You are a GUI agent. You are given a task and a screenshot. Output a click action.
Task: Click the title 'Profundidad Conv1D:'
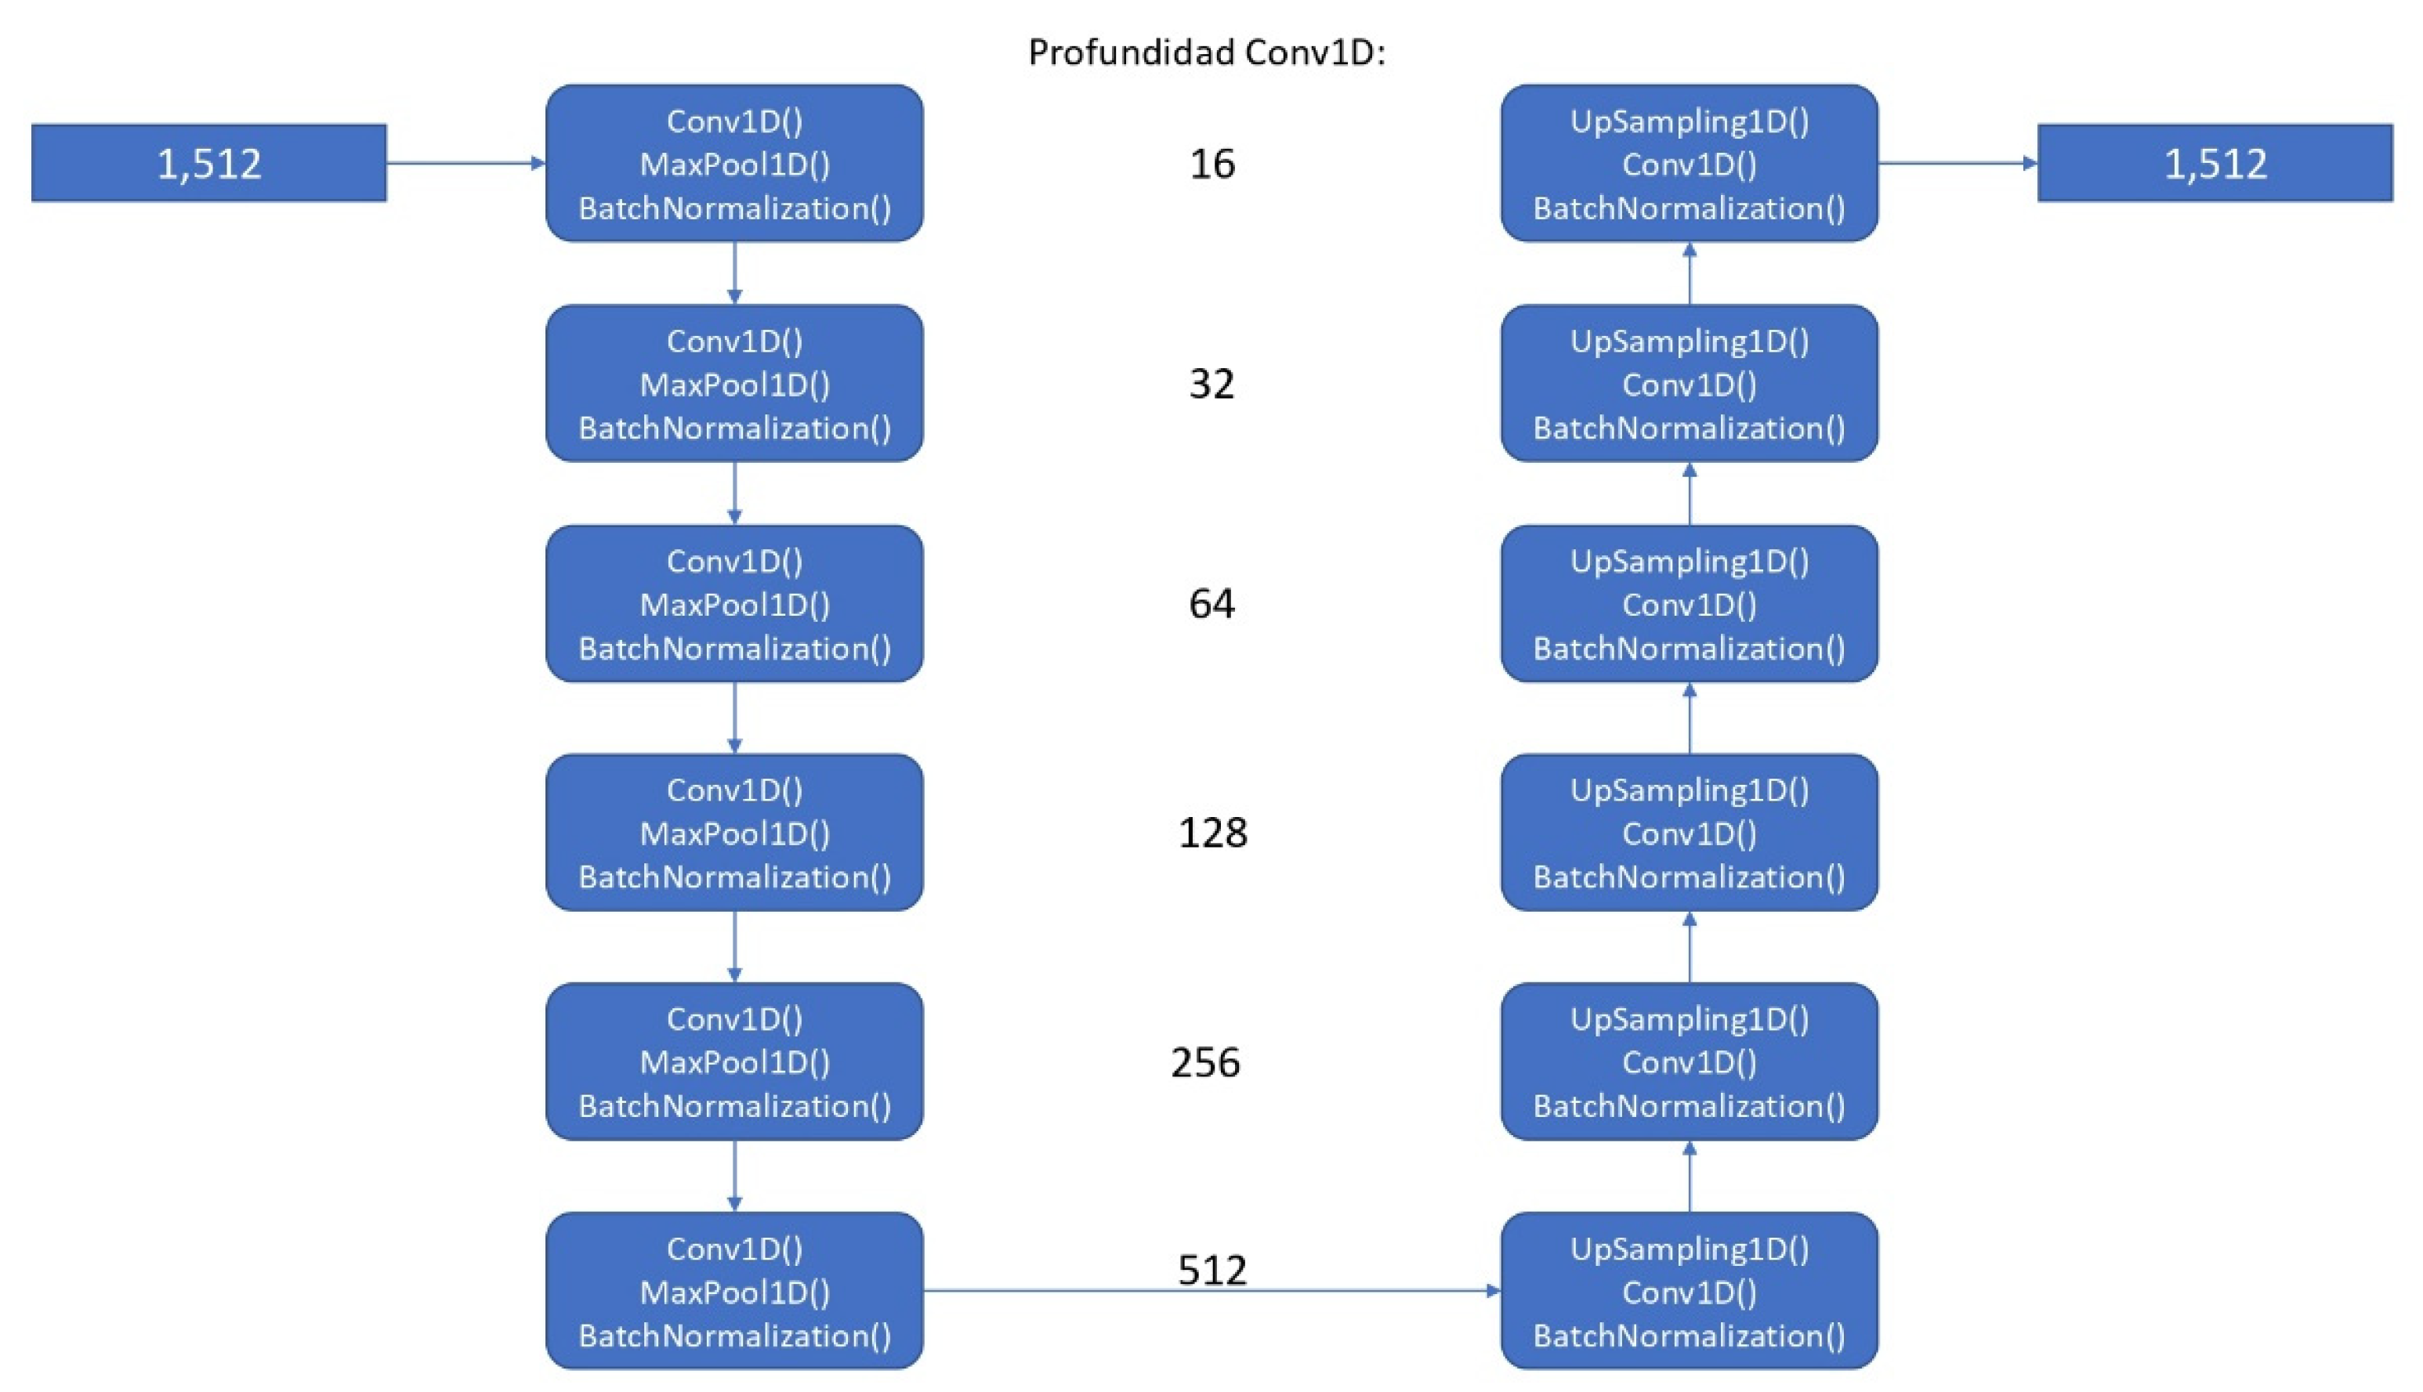click(x=1207, y=52)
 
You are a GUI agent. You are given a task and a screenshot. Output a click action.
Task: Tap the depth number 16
click(x=1211, y=165)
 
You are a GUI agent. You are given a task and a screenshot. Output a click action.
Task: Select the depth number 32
click(x=1211, y=385)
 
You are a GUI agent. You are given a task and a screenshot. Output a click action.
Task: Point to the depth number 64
click(x=1211, y=604)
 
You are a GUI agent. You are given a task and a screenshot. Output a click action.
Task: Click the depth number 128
click(x=1211, y=833)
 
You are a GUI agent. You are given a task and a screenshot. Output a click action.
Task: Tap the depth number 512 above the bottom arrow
click(x=1211, y=1271)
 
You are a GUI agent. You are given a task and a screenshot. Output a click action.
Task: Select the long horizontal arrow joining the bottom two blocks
click(x=1211, y=1292)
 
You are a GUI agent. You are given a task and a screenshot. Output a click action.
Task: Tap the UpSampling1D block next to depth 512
click(x=1689, y=1291)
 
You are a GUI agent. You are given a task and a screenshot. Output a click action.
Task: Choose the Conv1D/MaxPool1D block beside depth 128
click(x=734, y=833)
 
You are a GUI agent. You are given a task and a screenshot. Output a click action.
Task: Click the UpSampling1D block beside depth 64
click(x=1689, y=603)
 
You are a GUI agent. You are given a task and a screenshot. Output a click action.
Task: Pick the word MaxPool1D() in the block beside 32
click(x=734, y=385)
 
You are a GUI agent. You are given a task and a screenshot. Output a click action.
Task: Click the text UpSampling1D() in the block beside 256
click(x=1689, y=1020)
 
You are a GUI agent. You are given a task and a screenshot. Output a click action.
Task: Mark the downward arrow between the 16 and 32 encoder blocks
click(x=734, y=273)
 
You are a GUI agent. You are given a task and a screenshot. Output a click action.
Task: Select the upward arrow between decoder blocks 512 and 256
click(x=1689, y=1177)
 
